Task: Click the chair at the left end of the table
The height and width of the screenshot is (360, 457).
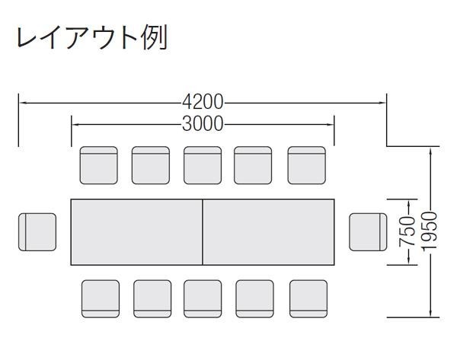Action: tap(37, 232)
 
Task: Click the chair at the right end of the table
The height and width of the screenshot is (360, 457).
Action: tap(369, 232)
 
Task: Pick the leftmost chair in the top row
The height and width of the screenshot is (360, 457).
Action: tap(99, 165)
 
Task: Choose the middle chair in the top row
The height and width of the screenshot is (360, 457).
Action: tap(202, 165)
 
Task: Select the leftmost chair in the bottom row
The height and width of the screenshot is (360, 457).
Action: tap(101, 298)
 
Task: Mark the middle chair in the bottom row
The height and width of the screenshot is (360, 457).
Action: tap(203, 298)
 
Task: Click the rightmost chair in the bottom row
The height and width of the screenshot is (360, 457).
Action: tap(308, 298)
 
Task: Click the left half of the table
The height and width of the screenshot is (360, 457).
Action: tap(136, 232)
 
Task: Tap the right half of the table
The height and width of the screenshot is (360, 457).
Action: tap(269, 232)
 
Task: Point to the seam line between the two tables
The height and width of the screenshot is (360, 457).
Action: tap(203, 232)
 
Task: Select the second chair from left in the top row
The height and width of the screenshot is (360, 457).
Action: tap(150, 165)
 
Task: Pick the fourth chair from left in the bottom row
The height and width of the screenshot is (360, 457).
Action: tap(254, 298)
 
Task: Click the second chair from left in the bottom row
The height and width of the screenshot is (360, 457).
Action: tap(152, 298)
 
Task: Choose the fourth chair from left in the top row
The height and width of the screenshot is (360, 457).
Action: tap(253, 165)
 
